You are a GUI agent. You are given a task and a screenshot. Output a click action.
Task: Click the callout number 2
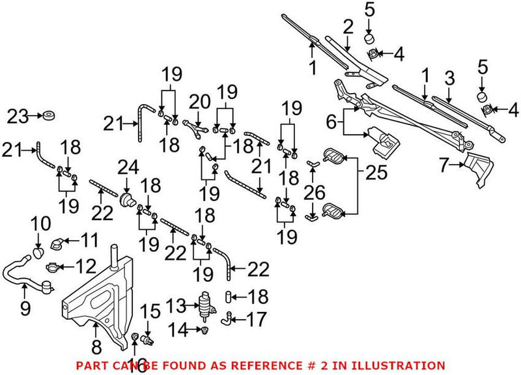[348, 27]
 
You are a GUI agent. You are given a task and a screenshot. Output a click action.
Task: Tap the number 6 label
[331, 121]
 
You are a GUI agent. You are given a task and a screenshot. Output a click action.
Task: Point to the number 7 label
[444, 165]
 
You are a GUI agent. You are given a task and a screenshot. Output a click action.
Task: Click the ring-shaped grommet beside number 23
[48, 117]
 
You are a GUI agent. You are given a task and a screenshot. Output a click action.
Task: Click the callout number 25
[377, 173]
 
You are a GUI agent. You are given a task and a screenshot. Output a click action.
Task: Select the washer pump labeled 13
[206, 305]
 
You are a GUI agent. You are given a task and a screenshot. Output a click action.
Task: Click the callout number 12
[83, 267]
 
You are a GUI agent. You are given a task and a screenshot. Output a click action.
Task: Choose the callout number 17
[255, 319]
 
